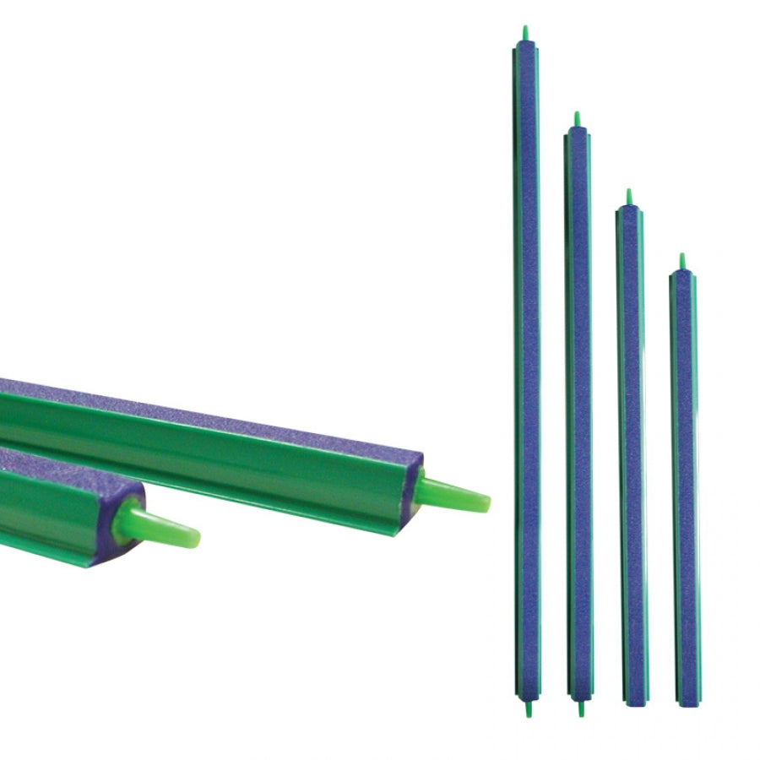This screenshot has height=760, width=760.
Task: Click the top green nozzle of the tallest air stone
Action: pos(525,33)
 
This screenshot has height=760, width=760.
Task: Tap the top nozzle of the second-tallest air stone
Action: pos(578,119)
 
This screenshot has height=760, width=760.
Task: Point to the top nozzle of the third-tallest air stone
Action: pos(628,197)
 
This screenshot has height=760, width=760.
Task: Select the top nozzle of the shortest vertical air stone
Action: pos(682,261)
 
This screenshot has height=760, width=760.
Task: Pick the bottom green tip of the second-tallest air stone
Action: pos(579,708)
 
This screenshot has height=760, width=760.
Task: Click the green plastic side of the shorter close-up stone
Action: pos(51,515)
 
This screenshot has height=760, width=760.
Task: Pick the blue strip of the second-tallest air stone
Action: pos(579,405)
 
